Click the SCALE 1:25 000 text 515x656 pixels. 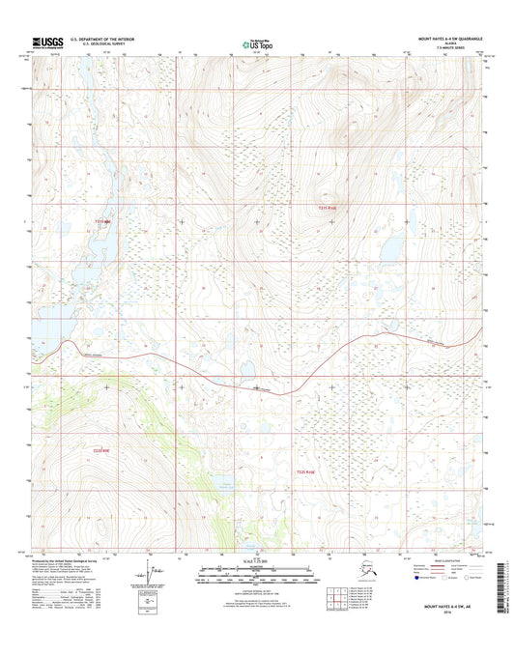(256, 561)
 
